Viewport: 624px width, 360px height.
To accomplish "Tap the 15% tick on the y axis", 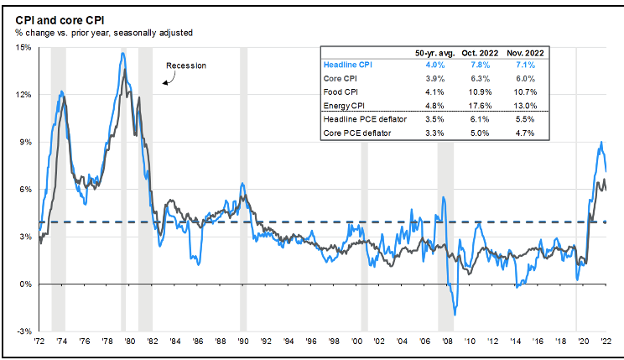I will tap(23, 47).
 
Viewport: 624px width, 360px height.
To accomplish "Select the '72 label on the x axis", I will tap(39, 343).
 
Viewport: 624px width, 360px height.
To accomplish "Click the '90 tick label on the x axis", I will tap(242, 343).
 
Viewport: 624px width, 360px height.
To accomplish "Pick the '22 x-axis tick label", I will tap(606, 343).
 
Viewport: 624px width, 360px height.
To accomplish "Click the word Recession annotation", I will tap(185, 65).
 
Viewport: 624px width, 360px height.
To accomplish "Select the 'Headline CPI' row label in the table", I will tap(348, 64).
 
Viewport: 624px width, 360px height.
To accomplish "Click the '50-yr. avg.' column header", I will tap(434, 52).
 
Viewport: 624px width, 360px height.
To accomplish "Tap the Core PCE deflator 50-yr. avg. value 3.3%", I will tap(434, 133).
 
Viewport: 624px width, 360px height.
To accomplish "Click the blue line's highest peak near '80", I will tap(122, 54).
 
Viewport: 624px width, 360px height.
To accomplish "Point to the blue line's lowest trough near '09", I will tap(455, 315).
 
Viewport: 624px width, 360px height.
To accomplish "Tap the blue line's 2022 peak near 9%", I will tap(601, 143).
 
